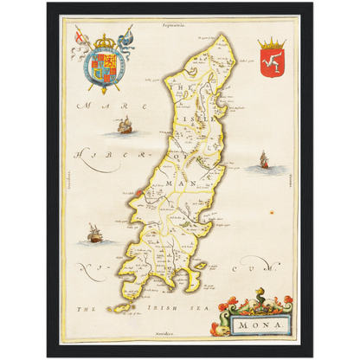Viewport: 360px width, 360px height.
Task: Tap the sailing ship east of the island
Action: pyautogui.click(x=263, y=159)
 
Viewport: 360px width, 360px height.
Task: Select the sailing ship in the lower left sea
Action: pyautogui.click(x=93, y=233)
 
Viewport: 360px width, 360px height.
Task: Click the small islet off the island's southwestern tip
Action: pyautogui.click(x=113, y=309)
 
